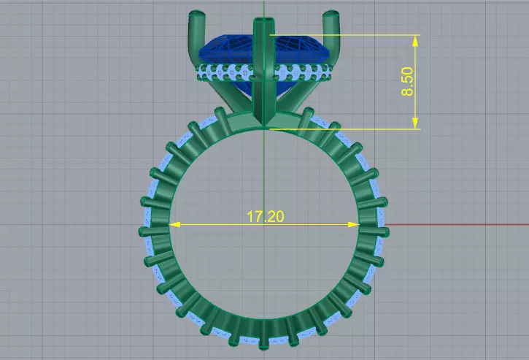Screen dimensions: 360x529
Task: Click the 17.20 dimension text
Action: point(264,217)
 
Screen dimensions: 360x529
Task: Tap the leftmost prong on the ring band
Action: point(144,231)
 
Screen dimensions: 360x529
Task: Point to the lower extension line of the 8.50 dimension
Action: point(343,129)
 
